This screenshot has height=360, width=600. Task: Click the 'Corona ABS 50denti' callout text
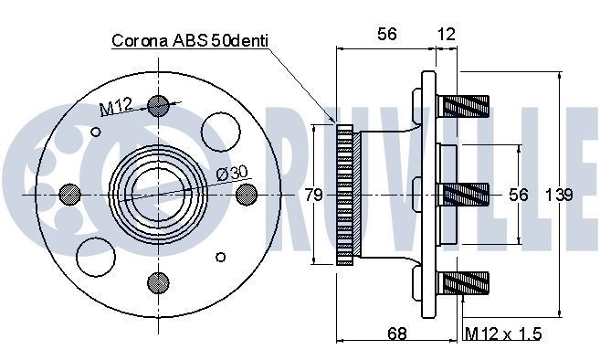tap(192, 41)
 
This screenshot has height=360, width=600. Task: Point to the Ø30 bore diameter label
tap(232, 174)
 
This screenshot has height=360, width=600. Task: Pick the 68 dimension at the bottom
tap(396, 334)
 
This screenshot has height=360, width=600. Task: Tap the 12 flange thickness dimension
tap(446, 34)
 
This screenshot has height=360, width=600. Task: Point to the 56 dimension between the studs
tap(519, 194)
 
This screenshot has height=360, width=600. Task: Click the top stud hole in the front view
tap(158, 105)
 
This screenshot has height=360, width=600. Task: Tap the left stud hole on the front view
tap(68, 195)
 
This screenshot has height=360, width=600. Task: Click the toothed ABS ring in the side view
tap(344, 195)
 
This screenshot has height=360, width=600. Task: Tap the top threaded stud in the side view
tap(466, 106)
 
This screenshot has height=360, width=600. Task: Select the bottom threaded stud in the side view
tap(466, 282)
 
